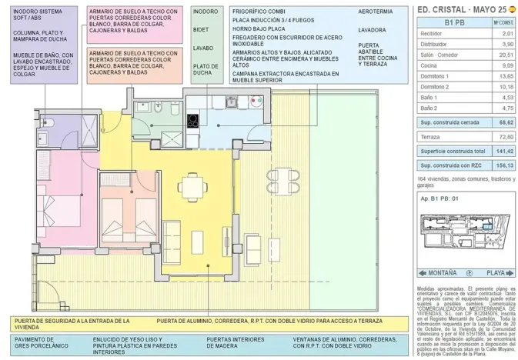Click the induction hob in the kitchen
click(192, 118)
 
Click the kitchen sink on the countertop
click(229, 105)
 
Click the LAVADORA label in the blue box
click(373, 30)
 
